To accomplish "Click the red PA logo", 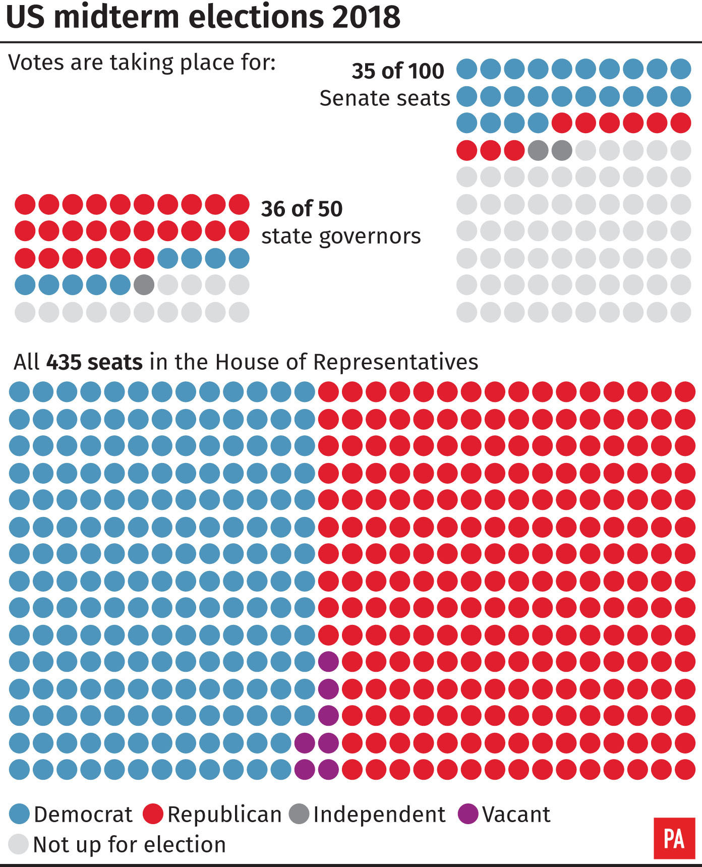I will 674,838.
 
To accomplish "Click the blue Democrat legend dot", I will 20,814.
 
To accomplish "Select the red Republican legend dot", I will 153,814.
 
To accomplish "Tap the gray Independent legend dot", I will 299,814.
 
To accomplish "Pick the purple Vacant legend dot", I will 468,814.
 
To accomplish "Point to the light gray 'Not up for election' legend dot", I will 19,844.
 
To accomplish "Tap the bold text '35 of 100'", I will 397,71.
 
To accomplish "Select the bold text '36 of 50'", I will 302,209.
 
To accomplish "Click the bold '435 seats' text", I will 94,362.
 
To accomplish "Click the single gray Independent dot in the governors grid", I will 144,285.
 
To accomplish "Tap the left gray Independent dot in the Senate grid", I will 538,150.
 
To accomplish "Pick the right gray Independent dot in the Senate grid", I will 562,150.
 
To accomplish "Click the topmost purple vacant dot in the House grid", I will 328,661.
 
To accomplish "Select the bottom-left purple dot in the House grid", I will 305,769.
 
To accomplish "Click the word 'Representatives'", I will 395,362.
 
